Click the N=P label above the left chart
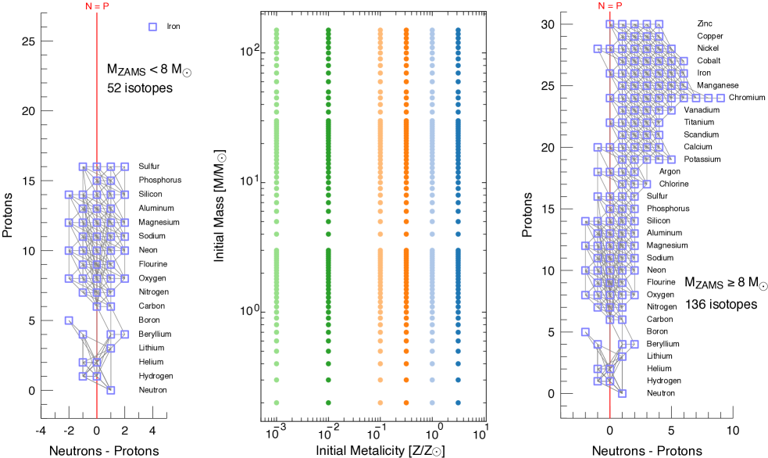click(x=98, y=6)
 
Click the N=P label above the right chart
click(x=610, y=6)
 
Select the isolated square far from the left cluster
click(x=153, y=27)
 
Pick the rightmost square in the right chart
click(x=720, y=98)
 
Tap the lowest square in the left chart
click(x=111, y=390)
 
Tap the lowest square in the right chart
click(x=622, y=393)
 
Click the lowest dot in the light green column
click(x=277, y=403)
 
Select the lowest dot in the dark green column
click(x=328, y=403)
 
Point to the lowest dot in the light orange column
click(x=380, y=403)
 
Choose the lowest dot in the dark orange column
click(x=406, y=403)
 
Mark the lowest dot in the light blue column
click(x=432, y=403)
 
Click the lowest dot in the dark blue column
click(x=458, y=403)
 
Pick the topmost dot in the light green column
click(x=277, y=30)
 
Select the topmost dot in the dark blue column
click(x=458, y=30)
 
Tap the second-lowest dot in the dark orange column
click(x=406, y=380)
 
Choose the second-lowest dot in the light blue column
click(x=432, y=380)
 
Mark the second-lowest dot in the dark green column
click(x=328, y=380)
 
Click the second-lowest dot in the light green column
click(x=277, y=380)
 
